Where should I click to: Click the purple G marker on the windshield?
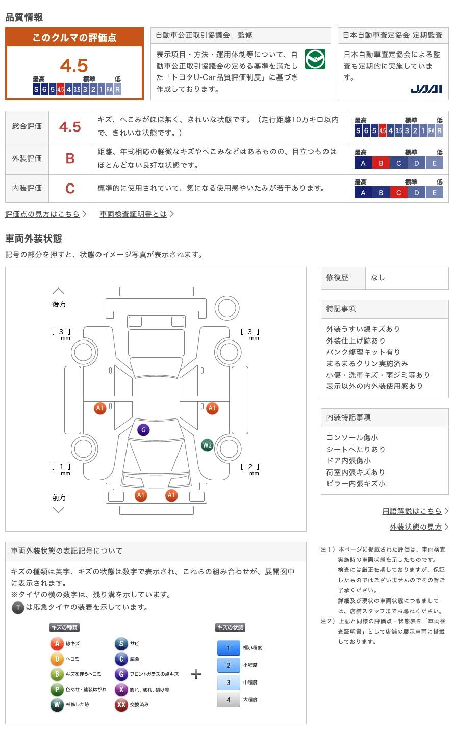(x=143, y=430)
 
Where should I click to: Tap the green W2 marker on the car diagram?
(x=207, y=445)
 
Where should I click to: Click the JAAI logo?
(x=426, y=89)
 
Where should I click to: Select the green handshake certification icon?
(x=315, y=60)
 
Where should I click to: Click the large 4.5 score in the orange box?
(x=74, y=66)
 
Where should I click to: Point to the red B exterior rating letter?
(x=70, y=159)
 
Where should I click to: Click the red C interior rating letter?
(x=70, y=189)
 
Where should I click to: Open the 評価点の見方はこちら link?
(x=43, y=214)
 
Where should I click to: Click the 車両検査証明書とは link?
(x=134, y=214)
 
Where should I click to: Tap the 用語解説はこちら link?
(x=412, y=511)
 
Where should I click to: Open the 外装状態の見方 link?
(x=416, y=527)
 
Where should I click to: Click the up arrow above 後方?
(x=59, y=291)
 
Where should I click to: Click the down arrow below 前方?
(x=59, y=510)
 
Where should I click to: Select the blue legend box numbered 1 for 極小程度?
(x=228, y=648)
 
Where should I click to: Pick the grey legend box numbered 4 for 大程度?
(x=228, y=700)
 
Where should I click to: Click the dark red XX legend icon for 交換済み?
(x=121, y=705)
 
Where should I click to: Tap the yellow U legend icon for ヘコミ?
(x=57, y=659)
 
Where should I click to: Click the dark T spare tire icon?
(x=18, y=608)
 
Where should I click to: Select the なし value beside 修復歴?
(x=378, y=278)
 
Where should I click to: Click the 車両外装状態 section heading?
(x=34, y=239)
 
